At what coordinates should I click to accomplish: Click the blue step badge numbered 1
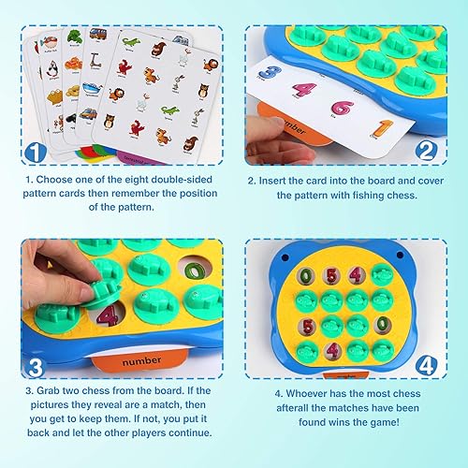(x=35, y=151)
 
